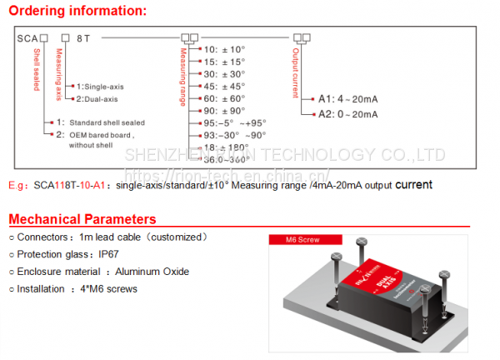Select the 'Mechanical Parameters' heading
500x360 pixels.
tap(82, 220)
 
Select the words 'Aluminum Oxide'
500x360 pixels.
tap(152, 272)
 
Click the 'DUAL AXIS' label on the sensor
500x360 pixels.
tap(384, 288)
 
